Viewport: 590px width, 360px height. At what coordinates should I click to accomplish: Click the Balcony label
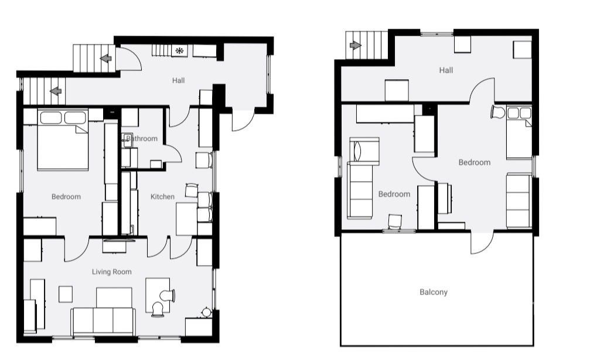point(434,292)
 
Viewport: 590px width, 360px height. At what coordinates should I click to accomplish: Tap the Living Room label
point(112,271)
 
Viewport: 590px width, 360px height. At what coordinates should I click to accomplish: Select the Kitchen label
point(162,196)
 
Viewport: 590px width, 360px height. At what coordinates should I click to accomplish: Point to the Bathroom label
point(142,138)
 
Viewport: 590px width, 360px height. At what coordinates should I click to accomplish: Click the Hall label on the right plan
point(446,70)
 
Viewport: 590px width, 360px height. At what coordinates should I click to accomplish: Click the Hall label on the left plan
point(178,80)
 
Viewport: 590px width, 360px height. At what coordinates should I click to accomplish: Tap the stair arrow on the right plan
point(355,45)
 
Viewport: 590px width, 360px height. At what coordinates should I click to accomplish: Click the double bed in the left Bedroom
point(63,140)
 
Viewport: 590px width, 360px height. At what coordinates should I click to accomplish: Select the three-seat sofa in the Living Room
point(103,321)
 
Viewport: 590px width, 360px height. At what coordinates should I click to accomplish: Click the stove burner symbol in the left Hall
point(179,50)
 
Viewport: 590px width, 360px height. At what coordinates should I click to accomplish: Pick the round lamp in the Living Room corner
point(206,312)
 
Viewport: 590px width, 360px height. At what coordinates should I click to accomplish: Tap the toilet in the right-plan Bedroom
point(498,112)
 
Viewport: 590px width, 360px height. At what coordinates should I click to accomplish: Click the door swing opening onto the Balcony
point(482,243)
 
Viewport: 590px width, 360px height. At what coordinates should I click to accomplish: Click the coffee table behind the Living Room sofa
point(114,297)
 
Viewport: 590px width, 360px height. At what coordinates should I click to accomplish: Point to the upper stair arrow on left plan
point(106,59)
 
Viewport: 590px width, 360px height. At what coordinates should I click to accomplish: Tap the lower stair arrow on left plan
point(56,91)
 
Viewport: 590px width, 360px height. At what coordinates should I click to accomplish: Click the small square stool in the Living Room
point(66,294)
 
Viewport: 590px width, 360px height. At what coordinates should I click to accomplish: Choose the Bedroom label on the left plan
point(66,196)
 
